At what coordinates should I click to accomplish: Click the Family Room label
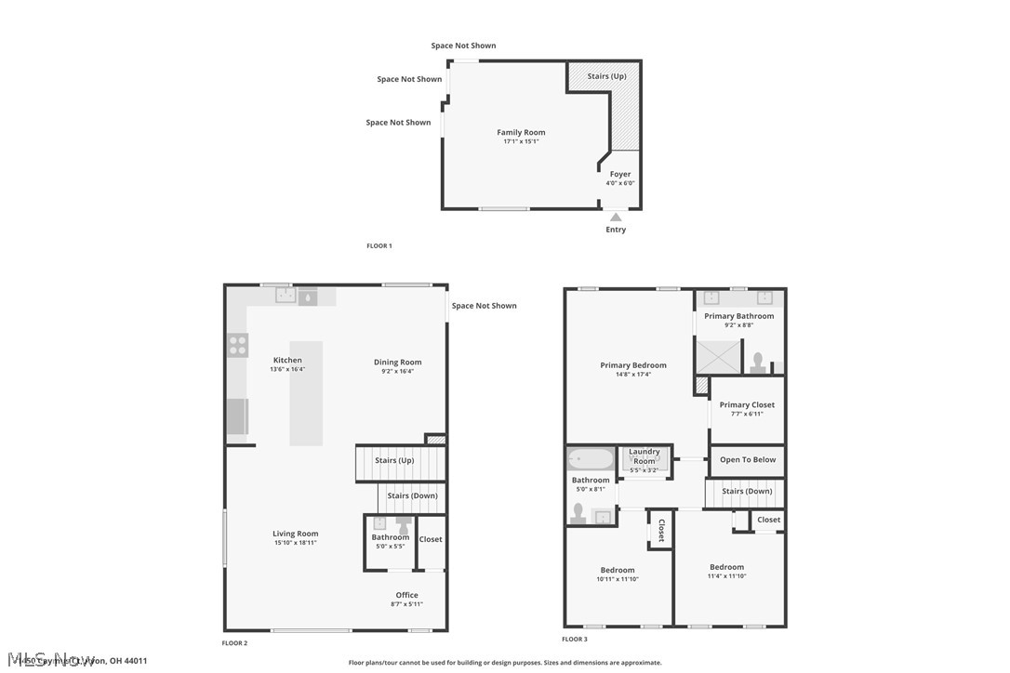(x=521, y=133)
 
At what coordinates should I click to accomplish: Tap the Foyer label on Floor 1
(x=620, y=174)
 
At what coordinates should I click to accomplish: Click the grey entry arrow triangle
(x=616, y=218)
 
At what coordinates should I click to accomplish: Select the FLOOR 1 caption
(x=379, y=245)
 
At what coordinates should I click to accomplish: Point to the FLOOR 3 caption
(x=575, y=639)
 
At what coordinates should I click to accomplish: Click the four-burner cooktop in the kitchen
(x=238, y=346)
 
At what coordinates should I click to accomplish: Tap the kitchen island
(x=306, y=393)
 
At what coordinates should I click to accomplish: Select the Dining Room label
(x=398, y=363)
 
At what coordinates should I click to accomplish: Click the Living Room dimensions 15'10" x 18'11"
(x=296, y=542)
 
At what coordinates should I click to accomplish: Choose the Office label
(x=406, y=595)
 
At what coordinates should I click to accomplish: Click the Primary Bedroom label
(x=633, y=365)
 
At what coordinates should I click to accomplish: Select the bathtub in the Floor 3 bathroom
(x=591, y=459)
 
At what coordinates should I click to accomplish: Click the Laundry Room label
(x=645, y=456)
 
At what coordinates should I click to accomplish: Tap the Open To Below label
(x=748, y=459)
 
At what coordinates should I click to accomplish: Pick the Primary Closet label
(x=747, y=404)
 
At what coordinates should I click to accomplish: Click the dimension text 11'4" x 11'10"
(x=726, y=576)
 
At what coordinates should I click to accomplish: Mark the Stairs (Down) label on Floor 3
(x=747, y=491)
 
